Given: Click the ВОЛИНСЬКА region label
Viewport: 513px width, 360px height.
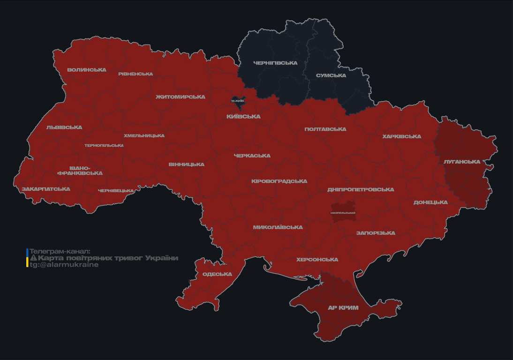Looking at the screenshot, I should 87,70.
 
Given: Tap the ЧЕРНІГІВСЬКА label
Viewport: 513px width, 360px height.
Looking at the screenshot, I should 275,63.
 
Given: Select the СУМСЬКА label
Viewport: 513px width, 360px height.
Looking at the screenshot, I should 331,75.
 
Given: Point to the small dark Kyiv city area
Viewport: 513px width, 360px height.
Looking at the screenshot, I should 238,100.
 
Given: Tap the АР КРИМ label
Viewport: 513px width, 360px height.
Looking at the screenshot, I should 343,308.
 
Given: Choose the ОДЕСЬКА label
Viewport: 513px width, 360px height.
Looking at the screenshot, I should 217,274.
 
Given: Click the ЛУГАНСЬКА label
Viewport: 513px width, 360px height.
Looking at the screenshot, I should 462,162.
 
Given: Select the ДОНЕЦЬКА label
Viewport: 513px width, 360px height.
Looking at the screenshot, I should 430,202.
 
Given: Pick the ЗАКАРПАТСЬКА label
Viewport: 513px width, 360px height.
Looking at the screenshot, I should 46,189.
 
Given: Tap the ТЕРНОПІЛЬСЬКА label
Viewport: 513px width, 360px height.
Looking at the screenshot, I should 104,145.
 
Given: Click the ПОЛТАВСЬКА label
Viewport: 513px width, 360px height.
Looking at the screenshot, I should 325,129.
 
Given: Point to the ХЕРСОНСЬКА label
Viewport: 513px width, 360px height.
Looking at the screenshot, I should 317,259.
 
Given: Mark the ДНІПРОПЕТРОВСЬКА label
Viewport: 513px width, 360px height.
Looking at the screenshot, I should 361,189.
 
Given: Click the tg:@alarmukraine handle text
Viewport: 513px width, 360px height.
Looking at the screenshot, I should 64,265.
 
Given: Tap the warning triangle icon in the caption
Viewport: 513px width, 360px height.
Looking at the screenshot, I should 33,258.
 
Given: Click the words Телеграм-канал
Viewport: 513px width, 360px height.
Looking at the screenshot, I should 60,251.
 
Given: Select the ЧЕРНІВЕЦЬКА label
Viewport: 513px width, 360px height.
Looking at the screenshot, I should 116,191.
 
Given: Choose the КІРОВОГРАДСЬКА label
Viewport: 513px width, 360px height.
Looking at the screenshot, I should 279,181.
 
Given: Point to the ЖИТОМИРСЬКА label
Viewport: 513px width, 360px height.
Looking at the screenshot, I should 181,97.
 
